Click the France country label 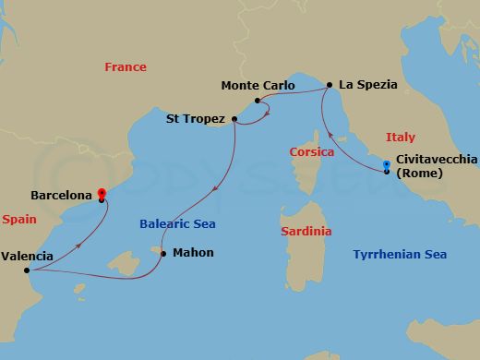tap(126, 67)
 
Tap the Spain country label tap(19, 221)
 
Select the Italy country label tap(401, 138)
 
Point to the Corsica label tap(311, 151)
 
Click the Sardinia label tap(306, 232)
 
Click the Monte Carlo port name tap(258, 86)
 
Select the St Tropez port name tap(196, 117)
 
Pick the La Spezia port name tap(368, 84)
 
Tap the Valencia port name tap(27, 257)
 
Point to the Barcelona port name tap(61, 196)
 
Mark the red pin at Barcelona tap(102, 194)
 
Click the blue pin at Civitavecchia tap(387, 166)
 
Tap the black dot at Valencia tap(27, 270)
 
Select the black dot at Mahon tap(163, 253)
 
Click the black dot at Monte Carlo tap(258, 100)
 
